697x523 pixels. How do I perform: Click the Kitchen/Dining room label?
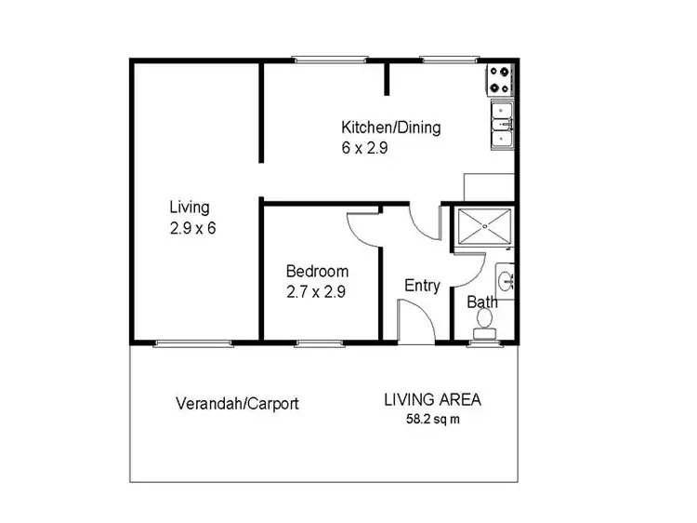tap(390, 127)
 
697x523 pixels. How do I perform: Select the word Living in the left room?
tap(189, 208)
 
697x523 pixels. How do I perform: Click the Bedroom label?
tap(317, 272)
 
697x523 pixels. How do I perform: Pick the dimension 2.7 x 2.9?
tap(316, 290)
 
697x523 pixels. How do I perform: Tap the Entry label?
tap(422, 286)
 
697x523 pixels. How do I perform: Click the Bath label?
tap(481, 302)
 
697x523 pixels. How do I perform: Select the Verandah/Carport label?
tap(237, 404)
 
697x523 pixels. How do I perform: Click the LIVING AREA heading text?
tap(432, 400)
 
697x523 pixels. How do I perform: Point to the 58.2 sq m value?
tap(431, 419)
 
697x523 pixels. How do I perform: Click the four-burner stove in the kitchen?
tap(499, 79)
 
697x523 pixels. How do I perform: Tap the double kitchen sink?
tap(502, 126)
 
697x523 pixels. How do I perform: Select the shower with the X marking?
tap(481, 228)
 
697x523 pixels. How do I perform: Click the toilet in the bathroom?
tap(483, 321)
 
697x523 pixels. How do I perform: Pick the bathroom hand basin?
tap(506, 279)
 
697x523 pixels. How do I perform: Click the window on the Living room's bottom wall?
tap(180, 342)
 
